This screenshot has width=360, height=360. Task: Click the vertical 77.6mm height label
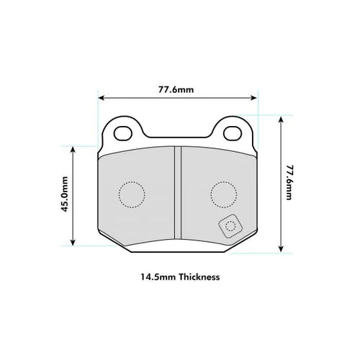pos(289,183)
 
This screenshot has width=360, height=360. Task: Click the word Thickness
pos(195,276)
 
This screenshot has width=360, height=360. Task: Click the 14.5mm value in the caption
pos(155,276)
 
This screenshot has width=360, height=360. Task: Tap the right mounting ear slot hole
pos(232,133)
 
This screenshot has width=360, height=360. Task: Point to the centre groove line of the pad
pos(177,194)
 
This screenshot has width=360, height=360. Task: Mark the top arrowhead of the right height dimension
pos(279,117)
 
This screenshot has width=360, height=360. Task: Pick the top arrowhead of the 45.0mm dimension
pos(73,149)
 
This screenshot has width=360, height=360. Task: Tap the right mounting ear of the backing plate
pos(232,131)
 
